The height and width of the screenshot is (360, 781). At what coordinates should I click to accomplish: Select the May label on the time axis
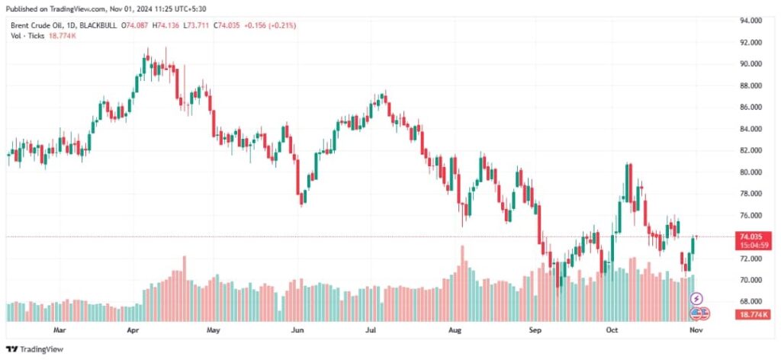pyautogui.click(x=213, y=331)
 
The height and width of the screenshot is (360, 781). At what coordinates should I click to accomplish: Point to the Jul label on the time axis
pyautogui.click(x=371, y=331)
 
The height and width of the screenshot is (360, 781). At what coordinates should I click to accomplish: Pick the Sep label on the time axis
pyautogui.click(x=535, y=331)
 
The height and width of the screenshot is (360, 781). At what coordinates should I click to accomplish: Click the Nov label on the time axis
pyautogui.click(x=696, y=331)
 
